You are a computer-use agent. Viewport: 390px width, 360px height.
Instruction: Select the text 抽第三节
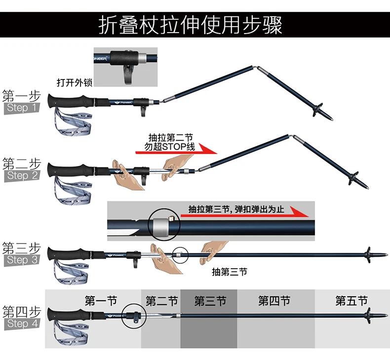click(229, 271)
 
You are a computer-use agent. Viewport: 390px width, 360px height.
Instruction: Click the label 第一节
click(101, 301)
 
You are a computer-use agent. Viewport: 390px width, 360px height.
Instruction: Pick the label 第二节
click(161, 301)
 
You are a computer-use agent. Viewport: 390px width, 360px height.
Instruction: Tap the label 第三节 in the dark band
click(210, 301)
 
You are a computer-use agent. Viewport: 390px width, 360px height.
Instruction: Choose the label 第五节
click(351, 301)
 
